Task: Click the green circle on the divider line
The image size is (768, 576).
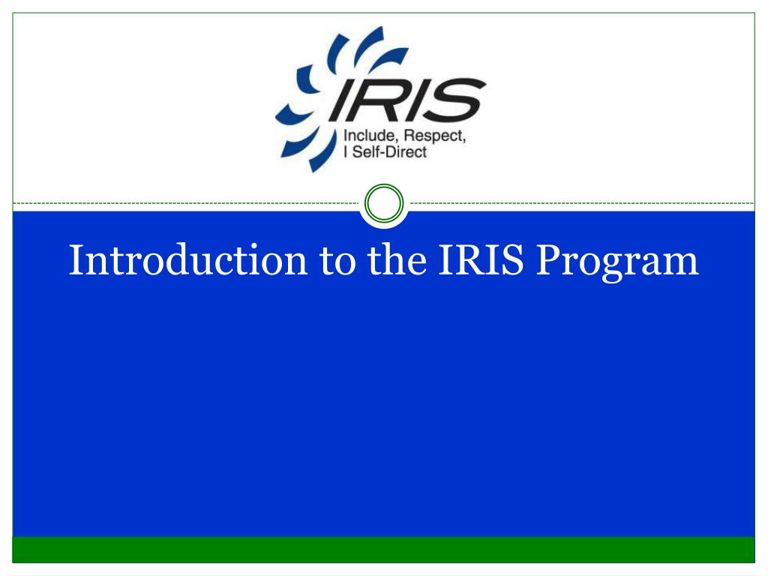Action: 383,203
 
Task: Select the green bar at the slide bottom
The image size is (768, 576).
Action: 383,549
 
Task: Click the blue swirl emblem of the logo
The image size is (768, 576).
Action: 307,97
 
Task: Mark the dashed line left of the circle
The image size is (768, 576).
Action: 187,203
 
